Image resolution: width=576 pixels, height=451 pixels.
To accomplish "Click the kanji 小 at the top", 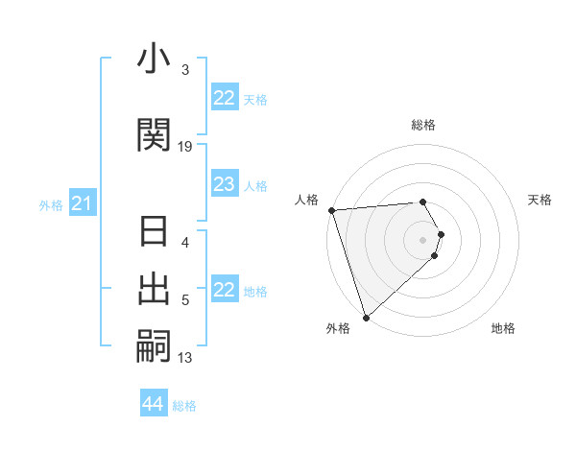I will pyautogui.click(x=155, y=62).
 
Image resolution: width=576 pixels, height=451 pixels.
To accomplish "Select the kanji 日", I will pyautogui.click(x=155, y=233).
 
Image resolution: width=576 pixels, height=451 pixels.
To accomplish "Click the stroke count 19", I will pyautogui.click(x=185, y=146).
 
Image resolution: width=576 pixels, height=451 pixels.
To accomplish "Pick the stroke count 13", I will pyautogui.click(x=185, y=358).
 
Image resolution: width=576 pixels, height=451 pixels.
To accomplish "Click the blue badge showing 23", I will pyautogui.click(x=224, y=184).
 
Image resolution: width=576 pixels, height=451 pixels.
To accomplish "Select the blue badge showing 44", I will pyautogui.click(x=154, y=404).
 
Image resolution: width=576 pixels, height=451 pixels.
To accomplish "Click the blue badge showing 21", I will pyautogui.click(x=83, y=203).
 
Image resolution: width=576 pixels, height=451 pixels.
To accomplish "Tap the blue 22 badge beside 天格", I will pyautogui.click(x=224, y=98).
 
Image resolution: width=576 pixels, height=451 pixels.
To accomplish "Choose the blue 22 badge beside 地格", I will pyautogui.click(x=224, y=290).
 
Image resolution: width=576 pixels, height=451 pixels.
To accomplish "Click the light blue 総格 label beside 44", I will pyautogui.click(x=184, y=406).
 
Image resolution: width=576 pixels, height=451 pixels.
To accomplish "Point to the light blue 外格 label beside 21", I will pyautogui.click(x=51, y=204).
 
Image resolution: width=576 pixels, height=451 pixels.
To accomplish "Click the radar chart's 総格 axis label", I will pyautogui.click(x=422, y=125).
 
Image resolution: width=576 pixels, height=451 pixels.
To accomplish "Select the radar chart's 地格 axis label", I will pyautogui.click(x=503, y=329).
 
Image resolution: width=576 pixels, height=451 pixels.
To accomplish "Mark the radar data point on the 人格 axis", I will pyautogui.click(x=331, y=209).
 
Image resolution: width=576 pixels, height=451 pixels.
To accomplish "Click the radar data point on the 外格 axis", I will pyautogui.click(x=366, y=316).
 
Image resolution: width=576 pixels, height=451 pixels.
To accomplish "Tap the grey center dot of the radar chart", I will pyautogui.click(x=423, y=239).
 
